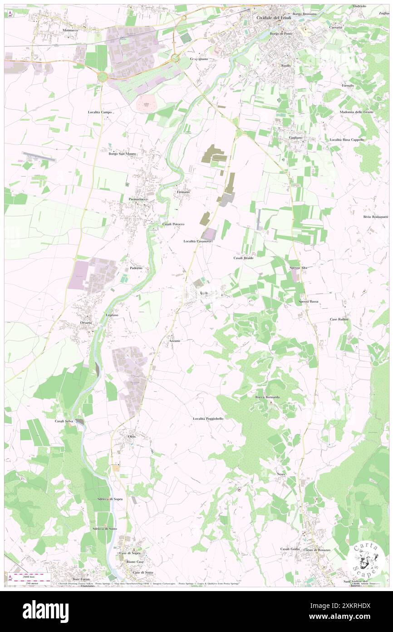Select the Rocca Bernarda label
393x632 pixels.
[267, 397]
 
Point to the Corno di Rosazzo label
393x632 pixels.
[318, 550]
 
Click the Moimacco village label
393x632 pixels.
[71, 30]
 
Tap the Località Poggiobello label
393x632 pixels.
[208, 418]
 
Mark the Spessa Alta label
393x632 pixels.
[298, 268]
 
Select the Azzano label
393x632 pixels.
[175, 341]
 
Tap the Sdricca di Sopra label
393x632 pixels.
[110, 499]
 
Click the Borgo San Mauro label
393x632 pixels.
[123, 154]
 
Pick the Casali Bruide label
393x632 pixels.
[243, 258]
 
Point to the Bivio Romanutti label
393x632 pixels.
[376, 216]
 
